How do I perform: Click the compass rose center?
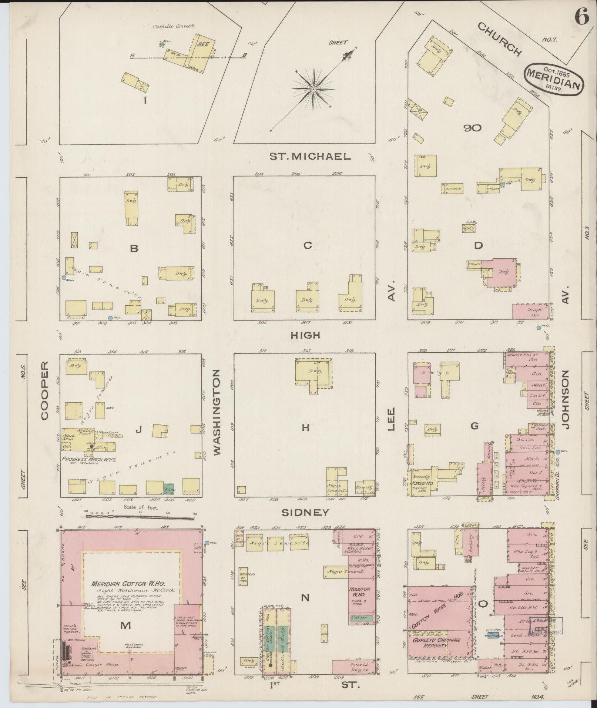click(313, 89)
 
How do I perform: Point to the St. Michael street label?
click(309, 157)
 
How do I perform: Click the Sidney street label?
click(305, 513)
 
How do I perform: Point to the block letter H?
click(305, 428)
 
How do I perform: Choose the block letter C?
click(308, 245)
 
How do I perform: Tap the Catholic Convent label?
click(174, 27)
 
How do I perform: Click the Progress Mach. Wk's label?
click(90, 459)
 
